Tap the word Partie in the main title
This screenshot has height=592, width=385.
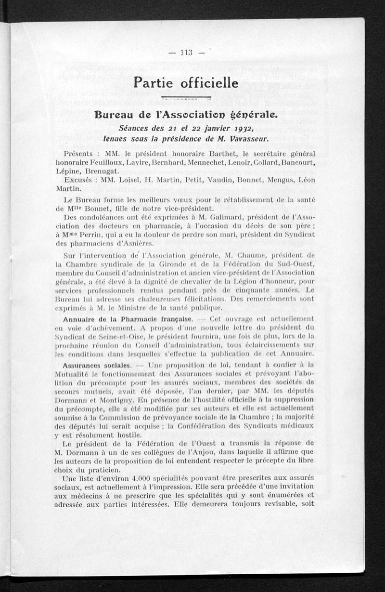click(x=154, y=83)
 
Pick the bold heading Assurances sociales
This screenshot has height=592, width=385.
click(x=97, y=365)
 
